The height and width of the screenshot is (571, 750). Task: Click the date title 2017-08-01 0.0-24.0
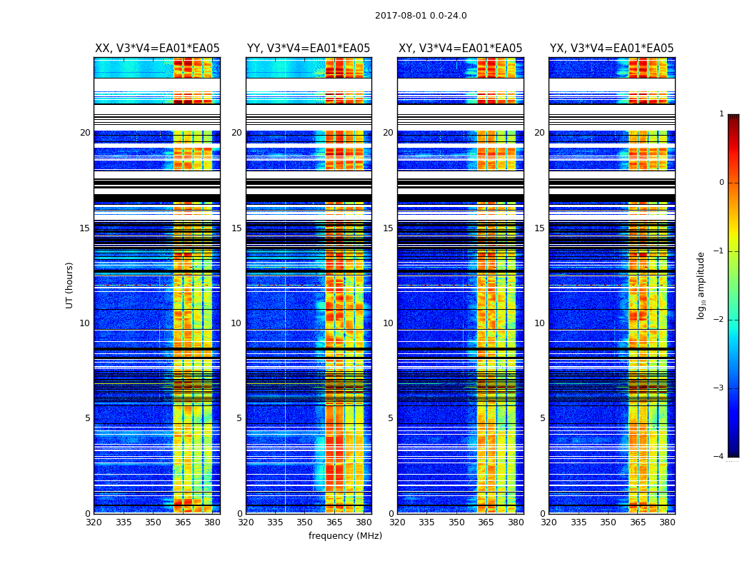pos(421,16)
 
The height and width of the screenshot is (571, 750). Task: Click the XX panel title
pos(157,49)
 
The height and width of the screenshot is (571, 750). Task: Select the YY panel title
pos(309,49)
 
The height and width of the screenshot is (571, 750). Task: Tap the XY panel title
pos(460,49)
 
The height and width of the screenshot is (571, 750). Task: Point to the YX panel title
pos(611,49)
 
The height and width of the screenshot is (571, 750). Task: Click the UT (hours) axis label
pos(70,285)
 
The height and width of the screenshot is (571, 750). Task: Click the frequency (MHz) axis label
pos(345,536)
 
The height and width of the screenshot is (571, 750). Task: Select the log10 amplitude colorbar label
pos(701,285)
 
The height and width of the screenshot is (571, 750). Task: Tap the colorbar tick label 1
pos(721,114)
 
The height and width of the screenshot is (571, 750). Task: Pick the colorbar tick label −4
pos(719,457)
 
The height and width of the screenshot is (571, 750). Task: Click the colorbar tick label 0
pos(721,183)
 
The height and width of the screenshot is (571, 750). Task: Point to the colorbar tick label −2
pos(719,320)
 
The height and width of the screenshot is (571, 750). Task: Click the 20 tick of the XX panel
pos(85,133)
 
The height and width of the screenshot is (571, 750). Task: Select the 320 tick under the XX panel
pos(94,522)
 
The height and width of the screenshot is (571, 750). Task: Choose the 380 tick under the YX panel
pos(667,522)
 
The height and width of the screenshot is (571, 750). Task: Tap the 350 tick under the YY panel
pos(305,522)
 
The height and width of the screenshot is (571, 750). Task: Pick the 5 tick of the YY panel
pos(239,418)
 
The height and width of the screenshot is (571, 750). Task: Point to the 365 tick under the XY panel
pos(486,522)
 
